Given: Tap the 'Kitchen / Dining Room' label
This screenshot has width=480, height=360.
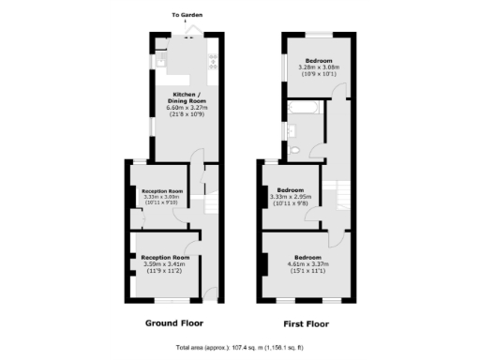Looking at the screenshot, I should pyautogui.click(x=184, y=97).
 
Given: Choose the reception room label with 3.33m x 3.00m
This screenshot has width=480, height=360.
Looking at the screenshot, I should pyautogui.click(x=162, y=191).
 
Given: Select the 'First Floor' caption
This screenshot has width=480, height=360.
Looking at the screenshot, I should pyautogui.click(x=306, y=323).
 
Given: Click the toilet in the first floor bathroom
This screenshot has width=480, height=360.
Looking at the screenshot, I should pyautogui.click(x=294, y=150).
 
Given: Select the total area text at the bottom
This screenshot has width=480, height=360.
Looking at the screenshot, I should pyautogui.click(x=240, y=348).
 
